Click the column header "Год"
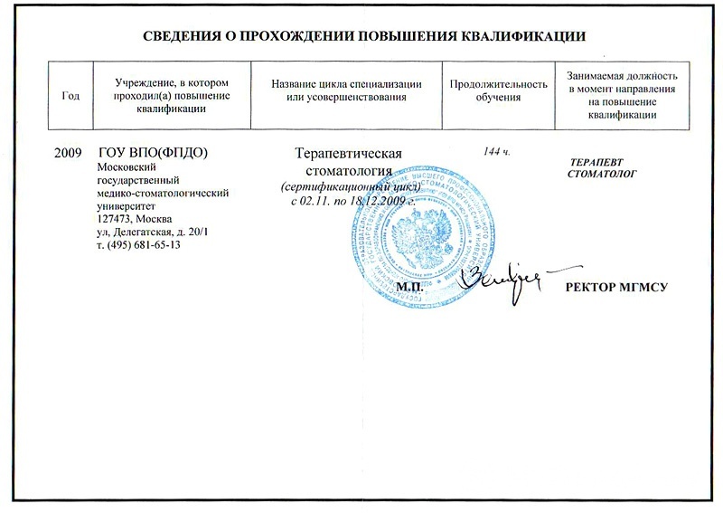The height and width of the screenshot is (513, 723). point(70,96)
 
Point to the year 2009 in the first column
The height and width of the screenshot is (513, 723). point(69,152)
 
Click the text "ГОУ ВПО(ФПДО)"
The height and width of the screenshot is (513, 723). point(153,152)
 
